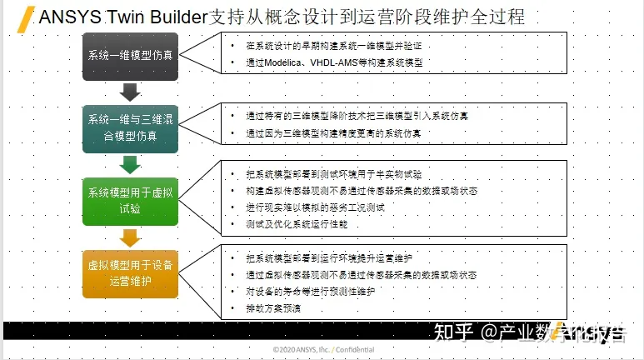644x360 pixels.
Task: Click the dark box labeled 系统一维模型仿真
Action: (x=131, y=55)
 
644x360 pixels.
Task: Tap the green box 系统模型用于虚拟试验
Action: (x=131, y=200)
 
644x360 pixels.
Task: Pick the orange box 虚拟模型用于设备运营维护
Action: (x=131, y=272)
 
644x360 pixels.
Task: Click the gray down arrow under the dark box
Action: (x=131, y=91)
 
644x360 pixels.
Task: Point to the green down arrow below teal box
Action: (x=131, y=163)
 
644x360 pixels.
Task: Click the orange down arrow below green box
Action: (x=131, y=237)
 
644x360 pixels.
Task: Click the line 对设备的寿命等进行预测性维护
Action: (x=311, y=292)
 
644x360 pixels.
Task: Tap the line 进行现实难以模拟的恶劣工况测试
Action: (x=316, y=207)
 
